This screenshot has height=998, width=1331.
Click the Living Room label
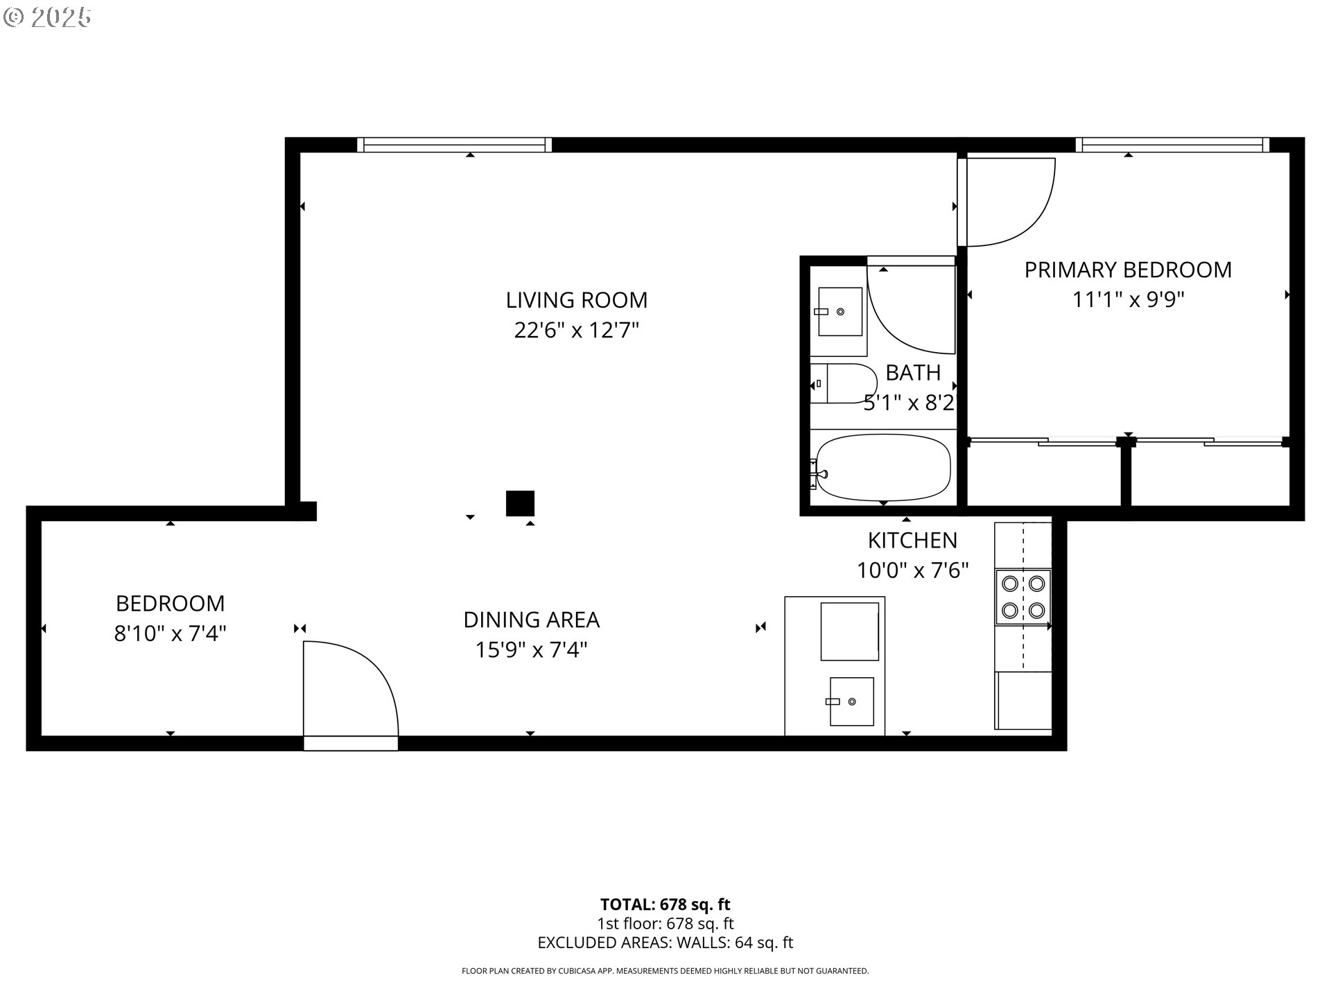tap(576, 300)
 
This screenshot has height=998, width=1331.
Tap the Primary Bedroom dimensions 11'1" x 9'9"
tap(1128, 300)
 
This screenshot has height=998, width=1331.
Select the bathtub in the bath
tap(883, 467)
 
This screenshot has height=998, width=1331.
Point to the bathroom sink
tap(840, 312)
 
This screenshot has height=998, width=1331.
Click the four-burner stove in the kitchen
tap(1023, 597)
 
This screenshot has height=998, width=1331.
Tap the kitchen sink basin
tap(851, 701)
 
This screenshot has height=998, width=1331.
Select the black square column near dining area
tap(520, 503)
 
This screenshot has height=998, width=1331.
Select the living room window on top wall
tap(454, 145)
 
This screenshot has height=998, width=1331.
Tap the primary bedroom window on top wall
tap(1172, 145)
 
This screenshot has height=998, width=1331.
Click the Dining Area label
tap(531, 620)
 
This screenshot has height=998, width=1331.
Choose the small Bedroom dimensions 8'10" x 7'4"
tap(171, 633)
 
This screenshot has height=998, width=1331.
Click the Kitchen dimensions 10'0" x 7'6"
tap(912, 570)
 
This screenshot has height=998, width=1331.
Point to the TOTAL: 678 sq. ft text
tap(665, 904)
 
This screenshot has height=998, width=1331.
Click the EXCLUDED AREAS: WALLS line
tap(665, 943)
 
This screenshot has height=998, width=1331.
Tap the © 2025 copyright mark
tap(47, 17)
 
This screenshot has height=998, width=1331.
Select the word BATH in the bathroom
tap(913, 373)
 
